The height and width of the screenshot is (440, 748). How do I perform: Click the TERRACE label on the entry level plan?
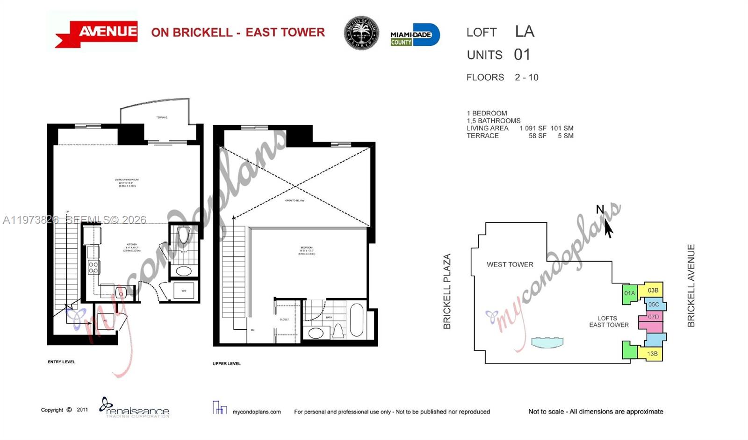pyautogui.click(x=162, y=117)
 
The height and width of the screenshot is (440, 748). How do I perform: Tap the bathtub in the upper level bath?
pyautogui.click(x=356, y=320)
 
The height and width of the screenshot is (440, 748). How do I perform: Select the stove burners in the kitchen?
pyautogui.click(x=93, y=267)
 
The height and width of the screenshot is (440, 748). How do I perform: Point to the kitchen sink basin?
pyautogui.click(x=121, y=293)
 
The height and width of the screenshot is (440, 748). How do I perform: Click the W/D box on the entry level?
pyautogui.click(x=184, y=291)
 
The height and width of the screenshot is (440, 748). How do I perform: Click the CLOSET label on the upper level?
pyautogui.click(x=284, y=319)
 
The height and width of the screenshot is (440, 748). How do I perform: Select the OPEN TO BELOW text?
pyautogui.click(x=295, y=201)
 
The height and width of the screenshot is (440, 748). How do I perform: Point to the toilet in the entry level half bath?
pyautogui.click(x=183, y=235)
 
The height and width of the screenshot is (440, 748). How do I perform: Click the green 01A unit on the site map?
pyautogui.click(x=630, y=293)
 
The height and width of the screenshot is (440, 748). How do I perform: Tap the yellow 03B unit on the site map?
pyautogui.click(x=653, y=290)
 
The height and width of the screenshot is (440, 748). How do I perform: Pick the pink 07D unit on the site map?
pyautogui.click(x=653, y=317)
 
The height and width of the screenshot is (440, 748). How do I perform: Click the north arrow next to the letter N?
pyautogui.click(x=608, y=228)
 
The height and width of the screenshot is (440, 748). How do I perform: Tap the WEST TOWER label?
pyautogui.click(x=510, y=264)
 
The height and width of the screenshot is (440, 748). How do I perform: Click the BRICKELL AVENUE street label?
pyautogui.click(x=691, y=285)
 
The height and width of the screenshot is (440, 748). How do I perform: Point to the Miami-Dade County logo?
pyautogui.click(x=415, y=35)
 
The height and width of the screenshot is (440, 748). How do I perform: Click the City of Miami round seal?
pyautogui.click(x=361, y=33)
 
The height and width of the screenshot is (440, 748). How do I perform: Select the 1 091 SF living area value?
pyautogui.click(x=532, y=128)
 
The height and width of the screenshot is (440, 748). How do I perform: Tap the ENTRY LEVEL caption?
pyautogui.click(x=61, y=362)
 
